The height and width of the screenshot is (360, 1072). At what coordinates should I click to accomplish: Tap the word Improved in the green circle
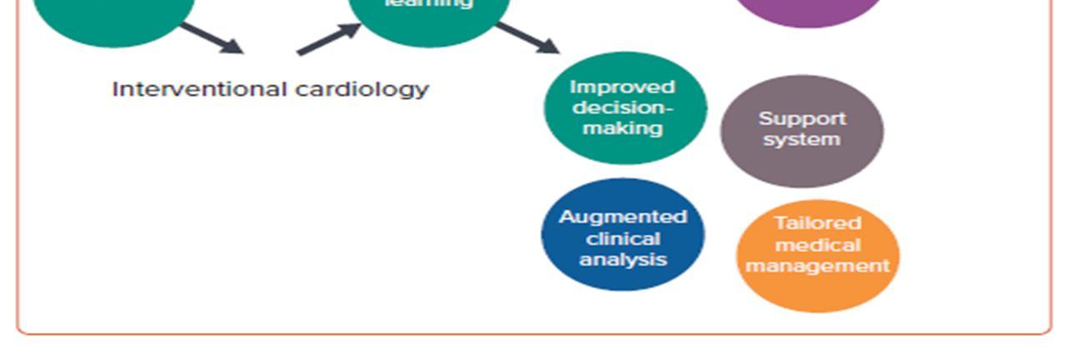coord(622,87)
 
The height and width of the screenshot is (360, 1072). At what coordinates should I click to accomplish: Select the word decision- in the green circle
coord(623,108)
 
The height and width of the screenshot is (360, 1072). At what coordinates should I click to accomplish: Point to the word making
coord(623,128)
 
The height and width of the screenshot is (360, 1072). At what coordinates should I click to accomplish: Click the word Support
coord(802,119)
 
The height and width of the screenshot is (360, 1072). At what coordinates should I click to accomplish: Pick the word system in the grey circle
coord(802,139)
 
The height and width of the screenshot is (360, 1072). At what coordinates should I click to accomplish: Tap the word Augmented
coord(623,217)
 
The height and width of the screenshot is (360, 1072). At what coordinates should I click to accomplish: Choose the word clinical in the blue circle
coord(623,238)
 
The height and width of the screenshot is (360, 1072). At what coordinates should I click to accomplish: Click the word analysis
coord(623,259)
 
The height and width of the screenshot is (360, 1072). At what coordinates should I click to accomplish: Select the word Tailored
coord(817,223)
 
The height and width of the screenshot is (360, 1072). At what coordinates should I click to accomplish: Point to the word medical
coord(817,245)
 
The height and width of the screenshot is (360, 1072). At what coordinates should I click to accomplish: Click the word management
coord(817,266)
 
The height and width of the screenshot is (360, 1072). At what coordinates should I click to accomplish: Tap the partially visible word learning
coord(428,4)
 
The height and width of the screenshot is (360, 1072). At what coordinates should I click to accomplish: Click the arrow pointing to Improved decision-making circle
coord(527,38)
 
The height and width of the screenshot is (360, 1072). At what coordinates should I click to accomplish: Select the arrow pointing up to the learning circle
coord(328,39)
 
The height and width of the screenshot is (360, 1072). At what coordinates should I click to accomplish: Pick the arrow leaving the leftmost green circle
coord(211,38)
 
